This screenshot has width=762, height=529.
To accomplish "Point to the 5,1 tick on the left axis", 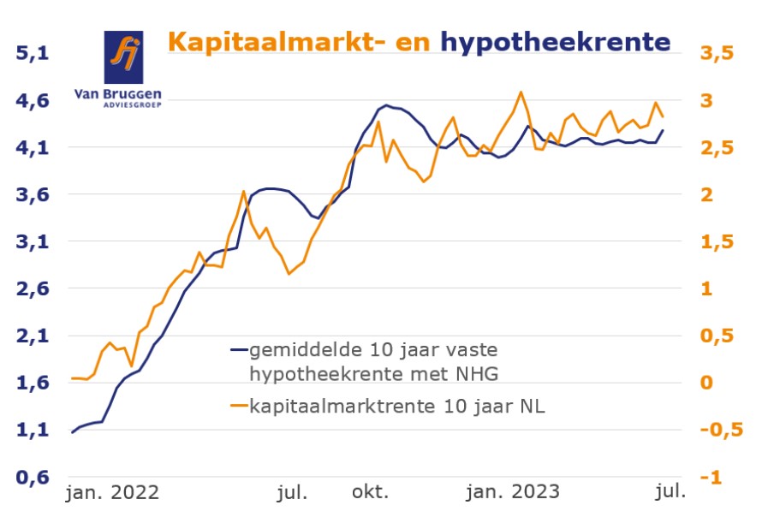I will coord(34,54).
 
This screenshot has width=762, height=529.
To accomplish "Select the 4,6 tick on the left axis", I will coord(34,101).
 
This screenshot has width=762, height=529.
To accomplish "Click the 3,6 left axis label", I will coord(34,195).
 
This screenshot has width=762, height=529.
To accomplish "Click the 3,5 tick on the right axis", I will coord(717,54).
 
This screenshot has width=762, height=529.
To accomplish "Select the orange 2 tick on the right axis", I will coord(706,195).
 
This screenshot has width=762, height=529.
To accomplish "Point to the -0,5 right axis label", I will coord(720,431).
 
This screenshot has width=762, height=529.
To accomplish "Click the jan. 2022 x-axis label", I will coord(112,492).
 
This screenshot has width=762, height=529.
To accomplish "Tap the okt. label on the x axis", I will coord(370,492).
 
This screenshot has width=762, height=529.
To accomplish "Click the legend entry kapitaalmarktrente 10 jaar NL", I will coord(396,407).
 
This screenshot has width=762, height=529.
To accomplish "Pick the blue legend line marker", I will coord(239,350).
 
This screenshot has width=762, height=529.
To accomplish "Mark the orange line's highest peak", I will coord(521,92).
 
